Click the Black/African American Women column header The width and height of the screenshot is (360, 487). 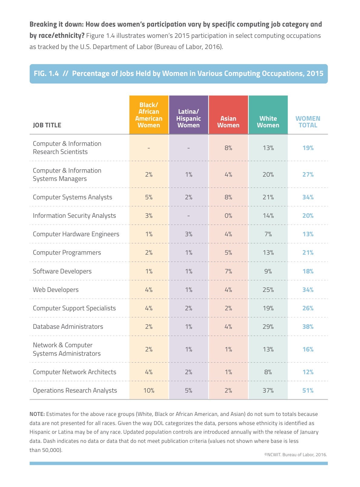(149, 115)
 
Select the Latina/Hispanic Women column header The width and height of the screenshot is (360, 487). (189, 118)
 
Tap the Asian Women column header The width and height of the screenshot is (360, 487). (228, 122)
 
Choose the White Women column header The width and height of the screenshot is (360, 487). (268, 122)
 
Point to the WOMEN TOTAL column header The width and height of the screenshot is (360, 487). (308, 122)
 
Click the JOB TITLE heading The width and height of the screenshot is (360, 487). (47, 125)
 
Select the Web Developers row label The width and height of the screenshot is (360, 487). (56, 290)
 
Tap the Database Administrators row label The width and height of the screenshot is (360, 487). (68, 326)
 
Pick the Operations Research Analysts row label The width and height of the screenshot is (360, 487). (75, 391)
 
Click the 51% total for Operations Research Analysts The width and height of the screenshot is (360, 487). (308, 391)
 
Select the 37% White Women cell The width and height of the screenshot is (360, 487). (268, 391)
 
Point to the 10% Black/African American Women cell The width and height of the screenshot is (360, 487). (149, 391)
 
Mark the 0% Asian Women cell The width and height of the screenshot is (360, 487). (228, 216)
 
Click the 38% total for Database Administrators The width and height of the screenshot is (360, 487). (308, 326)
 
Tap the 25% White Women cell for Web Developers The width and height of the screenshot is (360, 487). (268, 289)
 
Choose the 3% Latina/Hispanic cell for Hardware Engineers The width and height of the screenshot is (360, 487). (189, 234)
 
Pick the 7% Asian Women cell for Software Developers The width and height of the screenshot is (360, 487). (228, 271)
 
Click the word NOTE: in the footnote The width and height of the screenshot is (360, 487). (37, 414)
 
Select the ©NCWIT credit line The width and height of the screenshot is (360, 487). (296, 455)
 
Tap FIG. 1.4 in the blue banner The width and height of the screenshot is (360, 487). (46, 73)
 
